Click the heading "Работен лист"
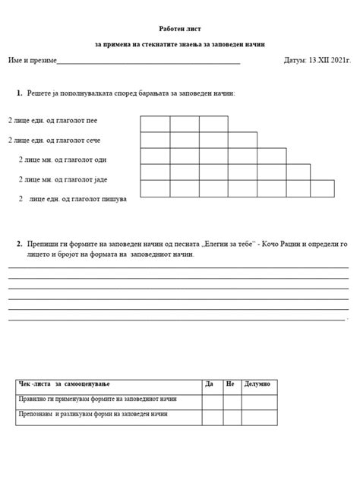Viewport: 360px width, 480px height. click(179, 27)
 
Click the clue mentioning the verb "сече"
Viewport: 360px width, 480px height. click(55, 140)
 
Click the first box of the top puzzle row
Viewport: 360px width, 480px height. click(155, 124)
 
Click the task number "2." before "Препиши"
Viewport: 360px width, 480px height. click(18, 244)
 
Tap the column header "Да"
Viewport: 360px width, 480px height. click(210, 384)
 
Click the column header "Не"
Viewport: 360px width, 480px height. click(229, 384)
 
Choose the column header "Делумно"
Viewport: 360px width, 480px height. click(258, 384)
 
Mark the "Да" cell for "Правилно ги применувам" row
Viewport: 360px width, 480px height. click(212, 399)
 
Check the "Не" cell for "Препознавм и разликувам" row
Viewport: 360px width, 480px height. click(231, 416)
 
